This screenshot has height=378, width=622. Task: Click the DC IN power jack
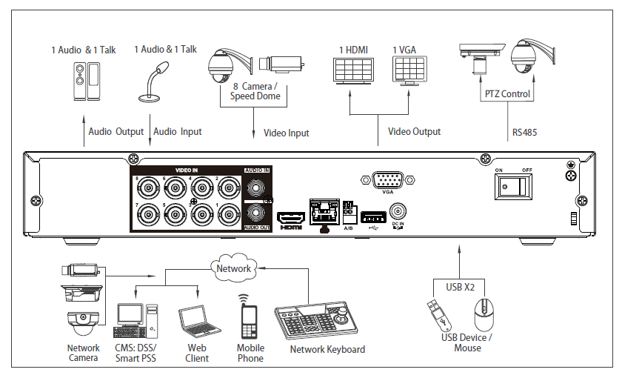click(x=398, y=212)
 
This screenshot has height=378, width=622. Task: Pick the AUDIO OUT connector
click(x=256, y=214)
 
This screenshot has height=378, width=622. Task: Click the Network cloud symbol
click(x=233, y=268)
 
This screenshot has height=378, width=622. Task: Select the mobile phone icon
click(x=249, y=319)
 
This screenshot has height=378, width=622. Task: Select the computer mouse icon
click(x=484, y=316)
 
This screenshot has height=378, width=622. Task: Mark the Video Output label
click(x=414, y=132)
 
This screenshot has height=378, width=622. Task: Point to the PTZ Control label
click(x=507, y=94)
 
